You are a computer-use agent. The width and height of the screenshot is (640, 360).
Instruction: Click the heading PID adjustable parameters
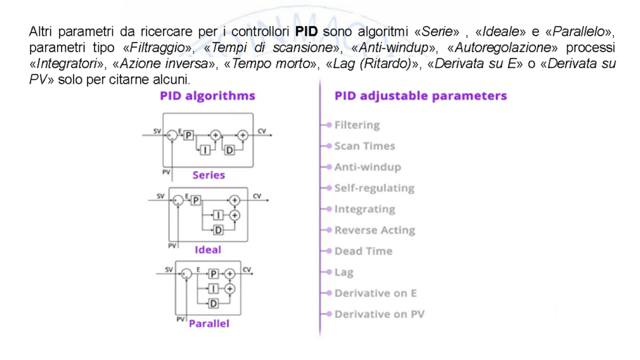(x=421, y=96)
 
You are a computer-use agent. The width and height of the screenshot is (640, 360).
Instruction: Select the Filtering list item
(x=357, y=125)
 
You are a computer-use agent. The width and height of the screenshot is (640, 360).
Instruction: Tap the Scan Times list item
(x=364, y=146)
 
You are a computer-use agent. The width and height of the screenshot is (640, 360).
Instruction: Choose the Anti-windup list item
(x=367, y=167)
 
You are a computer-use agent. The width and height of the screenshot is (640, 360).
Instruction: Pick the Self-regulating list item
(x=374, y=188)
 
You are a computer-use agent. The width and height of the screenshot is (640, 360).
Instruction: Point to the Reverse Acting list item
(x=374, y=231)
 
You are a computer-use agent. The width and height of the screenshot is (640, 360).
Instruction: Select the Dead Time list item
(x=363, y=251)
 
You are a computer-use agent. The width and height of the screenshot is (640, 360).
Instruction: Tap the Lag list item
(x=344, y=272)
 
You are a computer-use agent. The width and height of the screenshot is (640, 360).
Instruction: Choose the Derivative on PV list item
(x=379, y=314)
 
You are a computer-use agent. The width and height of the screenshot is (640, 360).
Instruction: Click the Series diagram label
(x=208, y=175)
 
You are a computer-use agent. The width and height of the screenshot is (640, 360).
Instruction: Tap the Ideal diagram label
(x=207, y=250)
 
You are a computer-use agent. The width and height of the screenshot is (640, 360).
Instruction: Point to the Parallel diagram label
(x=209, y=324)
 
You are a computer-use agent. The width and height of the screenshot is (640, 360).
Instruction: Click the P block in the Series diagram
(x=188, y=135)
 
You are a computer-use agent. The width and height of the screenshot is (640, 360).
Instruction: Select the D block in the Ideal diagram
(x=217, y=230)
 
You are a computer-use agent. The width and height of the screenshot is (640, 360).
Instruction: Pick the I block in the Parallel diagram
(x=213, y=289)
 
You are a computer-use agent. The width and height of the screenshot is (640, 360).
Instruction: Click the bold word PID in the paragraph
(x=307, y=32)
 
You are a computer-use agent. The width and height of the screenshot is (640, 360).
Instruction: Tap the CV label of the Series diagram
(x=262, y=131)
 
